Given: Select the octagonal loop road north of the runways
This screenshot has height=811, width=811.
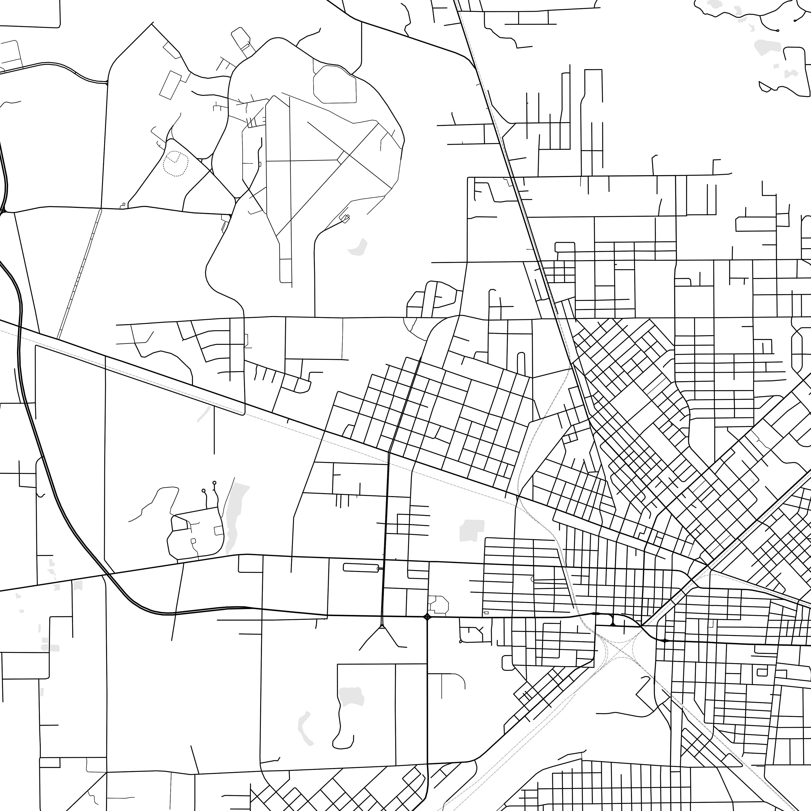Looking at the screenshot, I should pyautogui.click(x=335, y=84).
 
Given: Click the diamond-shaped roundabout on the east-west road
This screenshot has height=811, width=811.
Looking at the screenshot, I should pyautogui.click(x=427, y=616).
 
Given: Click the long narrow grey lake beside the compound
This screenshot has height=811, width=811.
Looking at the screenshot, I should pyautogui.click(x=235, y=516).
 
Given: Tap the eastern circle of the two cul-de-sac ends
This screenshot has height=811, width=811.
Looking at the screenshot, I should pyautogui.click(x=214, y=483).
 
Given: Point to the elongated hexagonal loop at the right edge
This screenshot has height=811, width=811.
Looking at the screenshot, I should pyautogui.click(x=797, y=348).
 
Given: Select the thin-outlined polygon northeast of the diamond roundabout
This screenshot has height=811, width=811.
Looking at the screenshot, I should pyautogui.click(x=439, y=604).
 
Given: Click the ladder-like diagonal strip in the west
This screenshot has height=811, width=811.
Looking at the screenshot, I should pyautogui.click(x=80, y=273).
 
